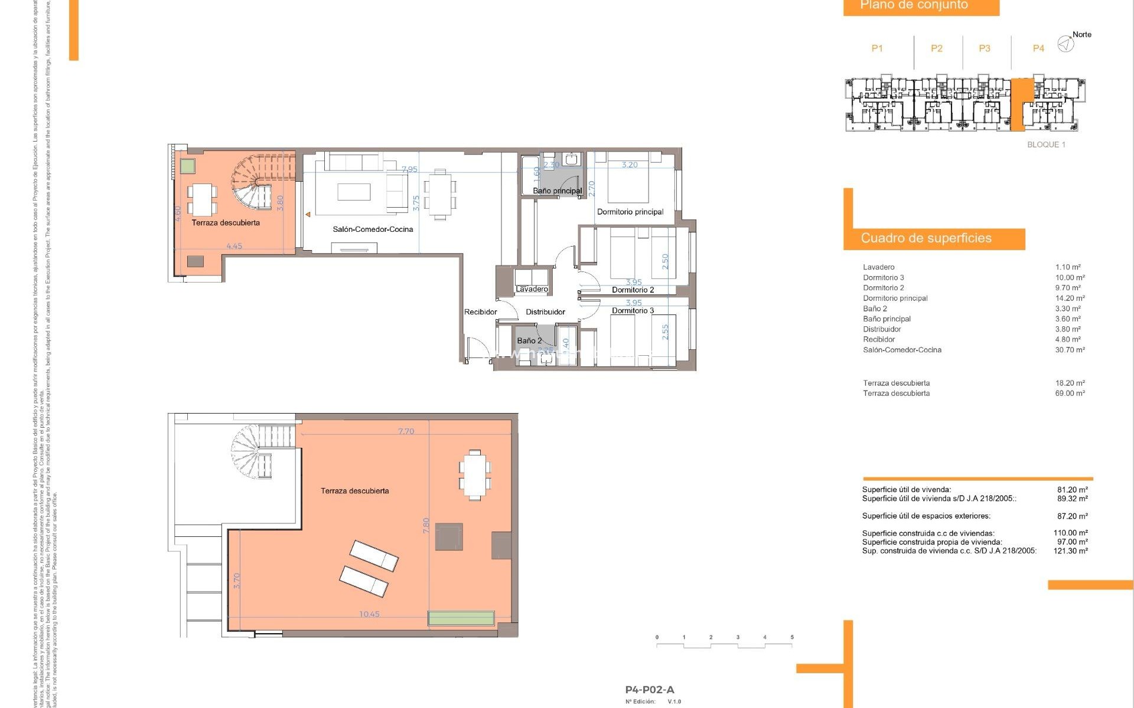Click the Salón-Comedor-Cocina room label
[x=373, y=230]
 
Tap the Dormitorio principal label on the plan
[x=630, y=212]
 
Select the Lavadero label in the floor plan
[x=532, y=289]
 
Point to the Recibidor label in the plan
[x=480, y=312]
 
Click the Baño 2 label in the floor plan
[x=529, y=341]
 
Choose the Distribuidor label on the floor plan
[x=545, y=312]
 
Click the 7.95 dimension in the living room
[x=409, y=169]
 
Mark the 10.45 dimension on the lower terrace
[x=369, y=614]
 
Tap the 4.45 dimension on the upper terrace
[x=234, y=246]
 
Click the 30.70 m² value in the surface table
[x=1070, y=350]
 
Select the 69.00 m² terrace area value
[x=1070, y=394]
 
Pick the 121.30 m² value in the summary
[x=1070, y=551]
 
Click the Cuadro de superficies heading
[x=926, y=238]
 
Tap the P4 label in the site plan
[x=1038, y=48]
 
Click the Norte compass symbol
[x=1065, y=44]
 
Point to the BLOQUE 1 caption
[x=1046, y=145]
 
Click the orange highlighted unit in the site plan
[x=1021, y=104]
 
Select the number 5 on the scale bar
[x=792, y=637]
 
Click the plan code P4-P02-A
[x=649, y=690]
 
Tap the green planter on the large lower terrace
[x=461, y=618]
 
